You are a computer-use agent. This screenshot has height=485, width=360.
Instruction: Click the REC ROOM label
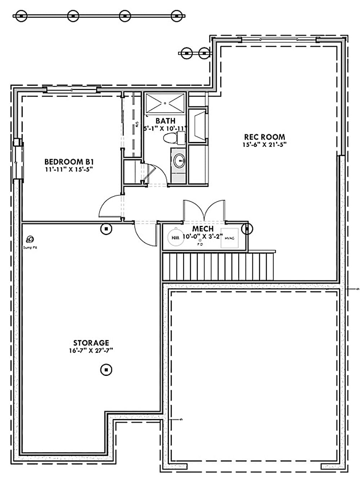point(264,137)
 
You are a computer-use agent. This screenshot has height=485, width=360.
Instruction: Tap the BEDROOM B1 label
point(69,162)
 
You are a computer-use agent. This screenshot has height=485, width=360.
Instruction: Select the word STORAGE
point(91,343)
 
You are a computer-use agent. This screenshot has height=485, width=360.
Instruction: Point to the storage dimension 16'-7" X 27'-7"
point(91,350)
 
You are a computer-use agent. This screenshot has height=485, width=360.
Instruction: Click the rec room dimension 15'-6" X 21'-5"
point(264,144)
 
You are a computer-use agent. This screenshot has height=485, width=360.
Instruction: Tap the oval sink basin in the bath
point(179,161)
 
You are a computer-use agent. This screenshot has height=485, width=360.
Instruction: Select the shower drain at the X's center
point(165,103)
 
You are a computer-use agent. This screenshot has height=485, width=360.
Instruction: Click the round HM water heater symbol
point(175,238)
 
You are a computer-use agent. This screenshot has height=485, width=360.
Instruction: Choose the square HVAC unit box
point(229,238)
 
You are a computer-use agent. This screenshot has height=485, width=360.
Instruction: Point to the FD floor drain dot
point(200,240)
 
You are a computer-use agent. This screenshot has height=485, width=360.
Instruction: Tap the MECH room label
point(203,229)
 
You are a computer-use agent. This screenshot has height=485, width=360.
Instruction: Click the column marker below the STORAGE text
point(106,369)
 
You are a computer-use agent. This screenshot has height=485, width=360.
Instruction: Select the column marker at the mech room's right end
point(247,228)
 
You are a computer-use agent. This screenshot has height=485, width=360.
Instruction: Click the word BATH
point(165,121)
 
